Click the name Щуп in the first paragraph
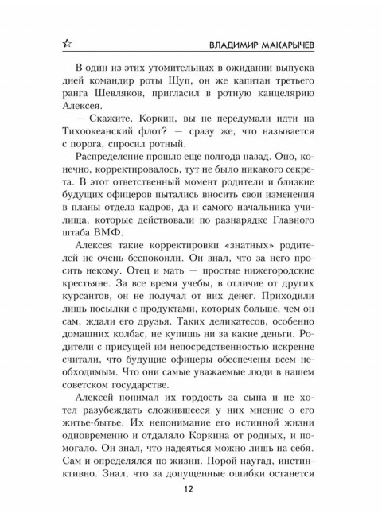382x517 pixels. (189, 88)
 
